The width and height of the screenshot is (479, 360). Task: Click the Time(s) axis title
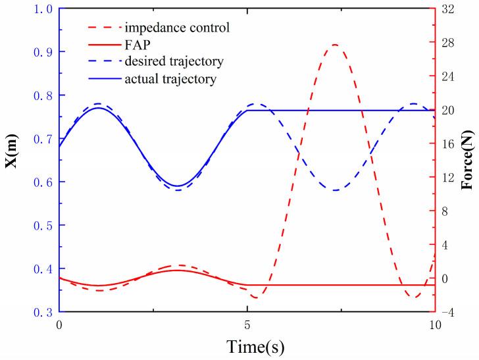pos(247,346)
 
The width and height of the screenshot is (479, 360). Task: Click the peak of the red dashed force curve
pos(335,45)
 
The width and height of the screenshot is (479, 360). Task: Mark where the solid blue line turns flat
pos(247,110)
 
